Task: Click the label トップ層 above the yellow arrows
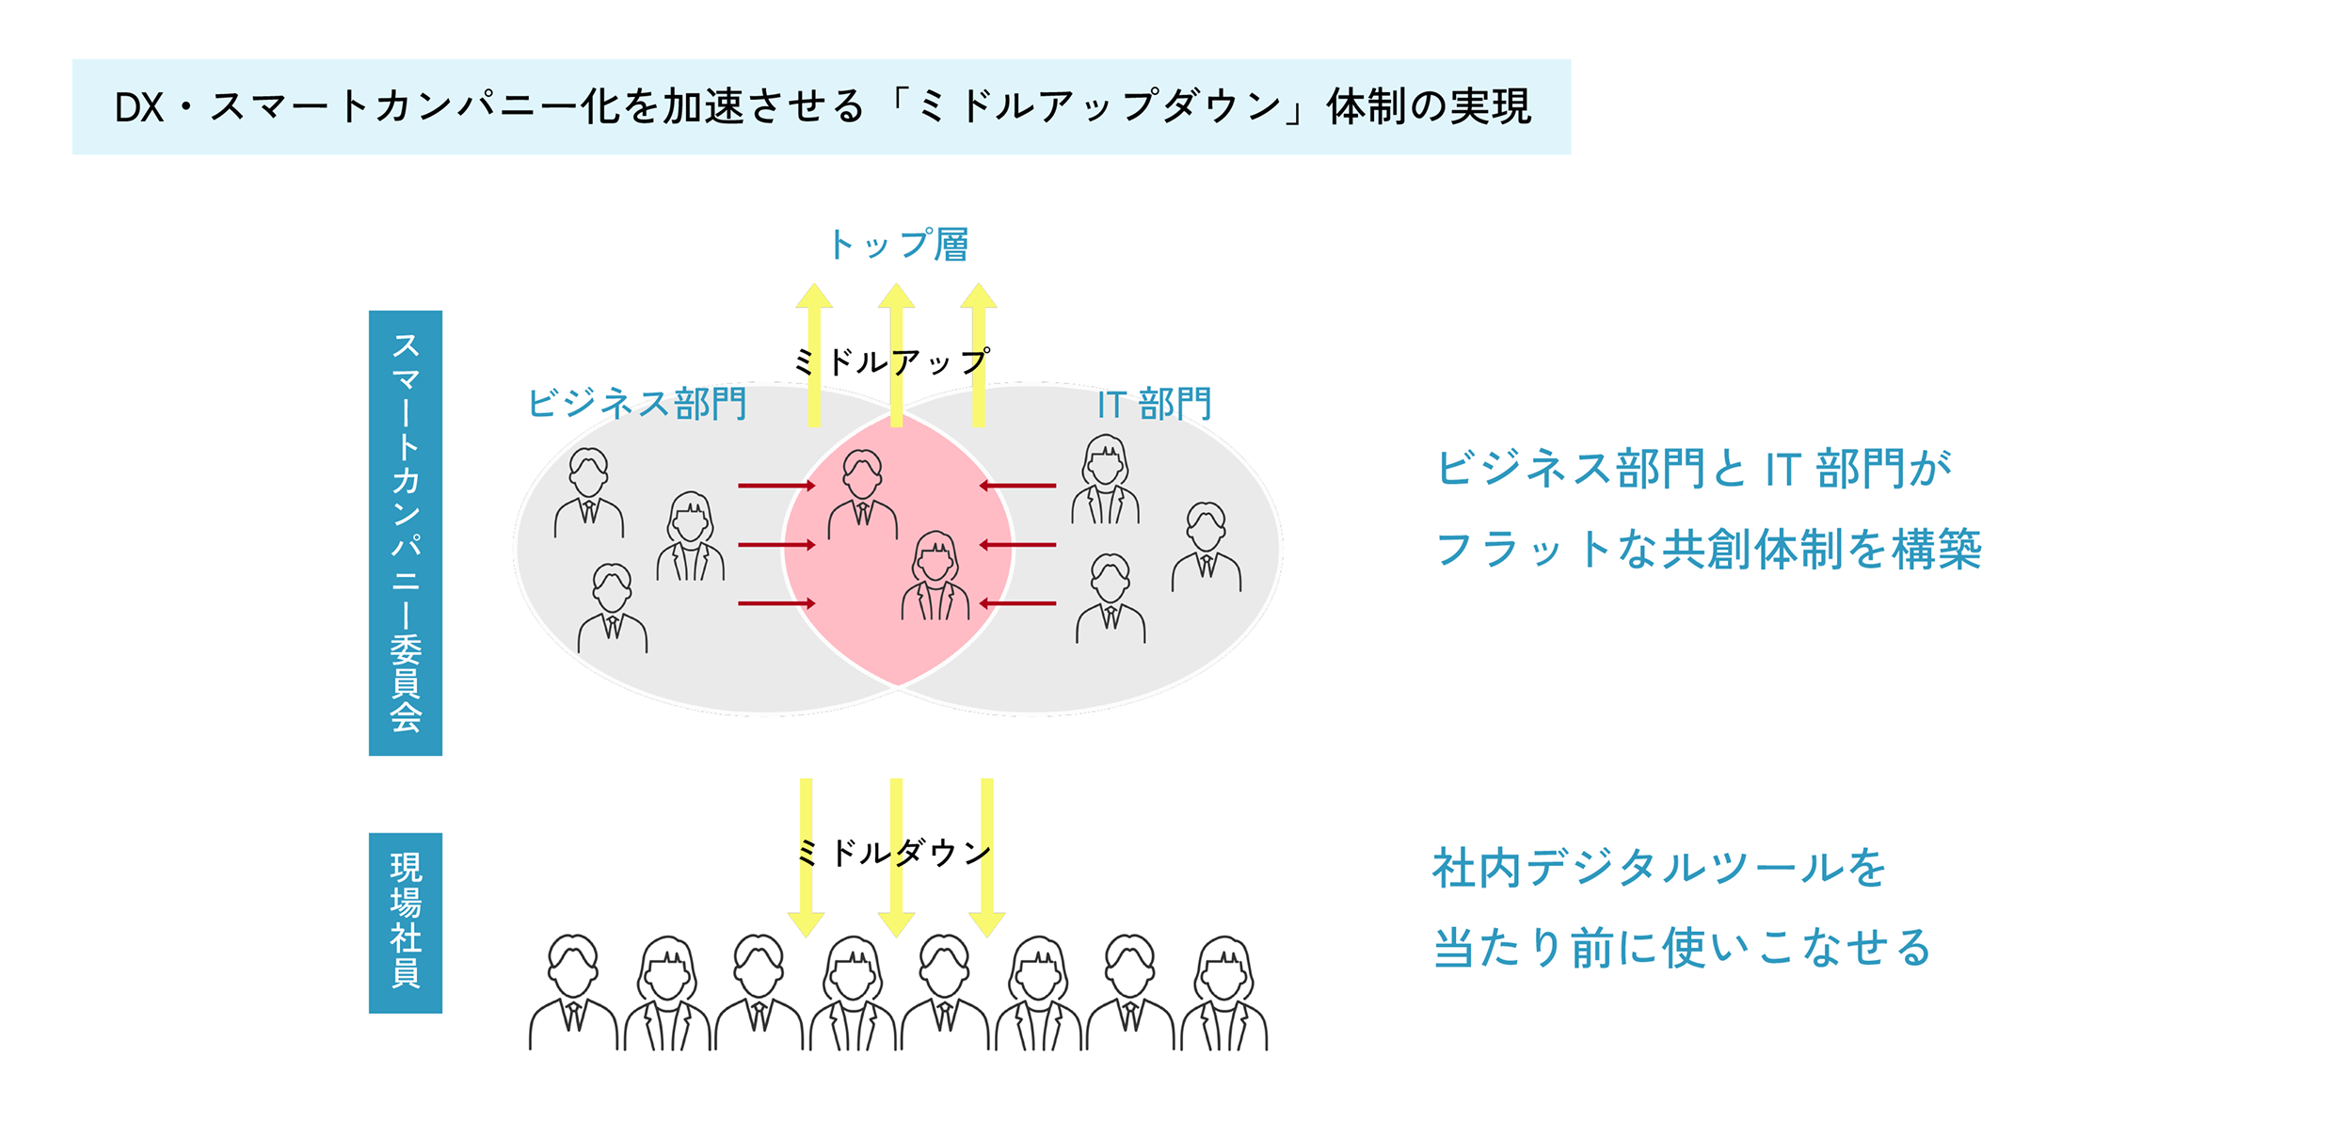point(899,245)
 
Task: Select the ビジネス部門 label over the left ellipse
point(637,404)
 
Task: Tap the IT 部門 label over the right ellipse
point(1154,405)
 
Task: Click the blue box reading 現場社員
point(406,922)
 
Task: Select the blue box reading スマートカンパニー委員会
point(406,533)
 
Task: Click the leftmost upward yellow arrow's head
point(814,296)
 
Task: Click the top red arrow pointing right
point(776,486)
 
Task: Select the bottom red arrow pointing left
point(1017,603)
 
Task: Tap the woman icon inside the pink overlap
point(935,575)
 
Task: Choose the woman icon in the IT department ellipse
point(1106,479)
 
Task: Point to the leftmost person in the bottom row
point(573,992)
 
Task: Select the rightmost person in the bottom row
point(1224,993)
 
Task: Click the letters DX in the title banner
point(139,108)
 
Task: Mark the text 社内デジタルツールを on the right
point(1660,868)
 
